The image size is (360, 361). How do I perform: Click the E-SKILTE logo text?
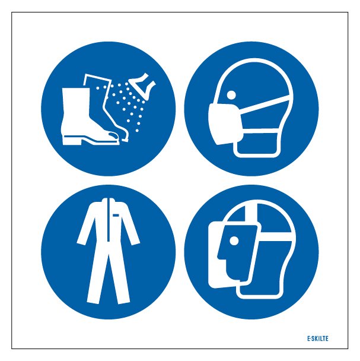(x=318, y=338)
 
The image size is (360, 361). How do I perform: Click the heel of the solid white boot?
(x=72, y=140)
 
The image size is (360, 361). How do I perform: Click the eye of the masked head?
(x=231, y=94)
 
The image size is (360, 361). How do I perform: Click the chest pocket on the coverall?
(x=116, y=216)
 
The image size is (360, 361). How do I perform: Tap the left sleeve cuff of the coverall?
(x=81, y=242)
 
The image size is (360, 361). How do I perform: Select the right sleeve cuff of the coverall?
(x=135, y=242)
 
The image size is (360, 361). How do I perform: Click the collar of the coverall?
(x=108, y=201)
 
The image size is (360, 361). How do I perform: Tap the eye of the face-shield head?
(x=234, y=241)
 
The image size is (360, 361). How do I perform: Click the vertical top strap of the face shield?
(x=251, y=213)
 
